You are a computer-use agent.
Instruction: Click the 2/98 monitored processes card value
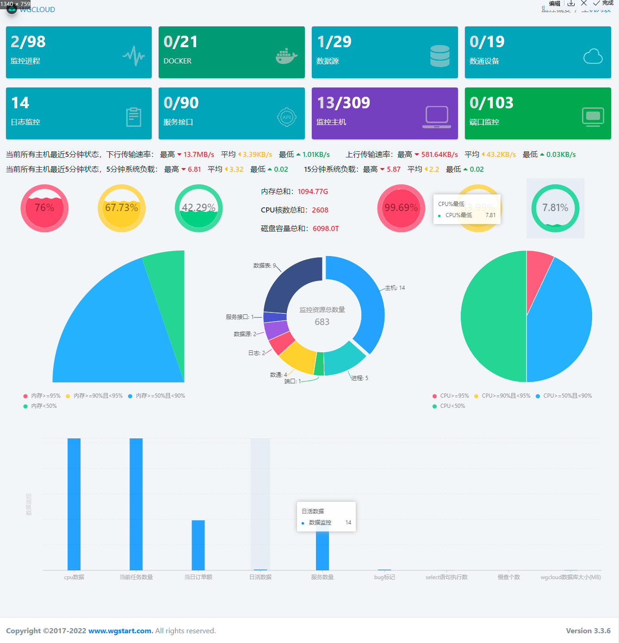tap(28, 42)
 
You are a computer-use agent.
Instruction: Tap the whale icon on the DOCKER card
tap(286, 56)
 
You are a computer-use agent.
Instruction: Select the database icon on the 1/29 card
tap(439, 56)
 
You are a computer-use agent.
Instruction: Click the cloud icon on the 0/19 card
tap(593, 56)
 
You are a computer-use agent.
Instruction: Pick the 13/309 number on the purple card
tap(343, 103)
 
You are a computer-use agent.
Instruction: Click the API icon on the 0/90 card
tap(286, 117)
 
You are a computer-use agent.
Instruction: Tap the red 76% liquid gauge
tap(44, 208)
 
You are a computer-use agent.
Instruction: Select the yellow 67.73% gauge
tap(122, 208)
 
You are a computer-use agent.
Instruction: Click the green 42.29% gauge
tap(198, 208)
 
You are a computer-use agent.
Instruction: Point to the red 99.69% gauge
tap(401, 208)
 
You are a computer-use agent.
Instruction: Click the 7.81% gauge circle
tap(555, 208)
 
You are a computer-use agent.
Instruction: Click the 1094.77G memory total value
tap(313, 192)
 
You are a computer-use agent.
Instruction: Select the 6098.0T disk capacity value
tap(326, 229)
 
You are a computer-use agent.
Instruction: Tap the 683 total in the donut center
tap(322, 322)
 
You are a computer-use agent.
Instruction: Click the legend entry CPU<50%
tap(452, 406)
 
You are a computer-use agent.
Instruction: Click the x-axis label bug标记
tap(384, 577)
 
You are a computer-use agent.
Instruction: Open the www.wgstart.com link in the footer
tap(120, 631)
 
